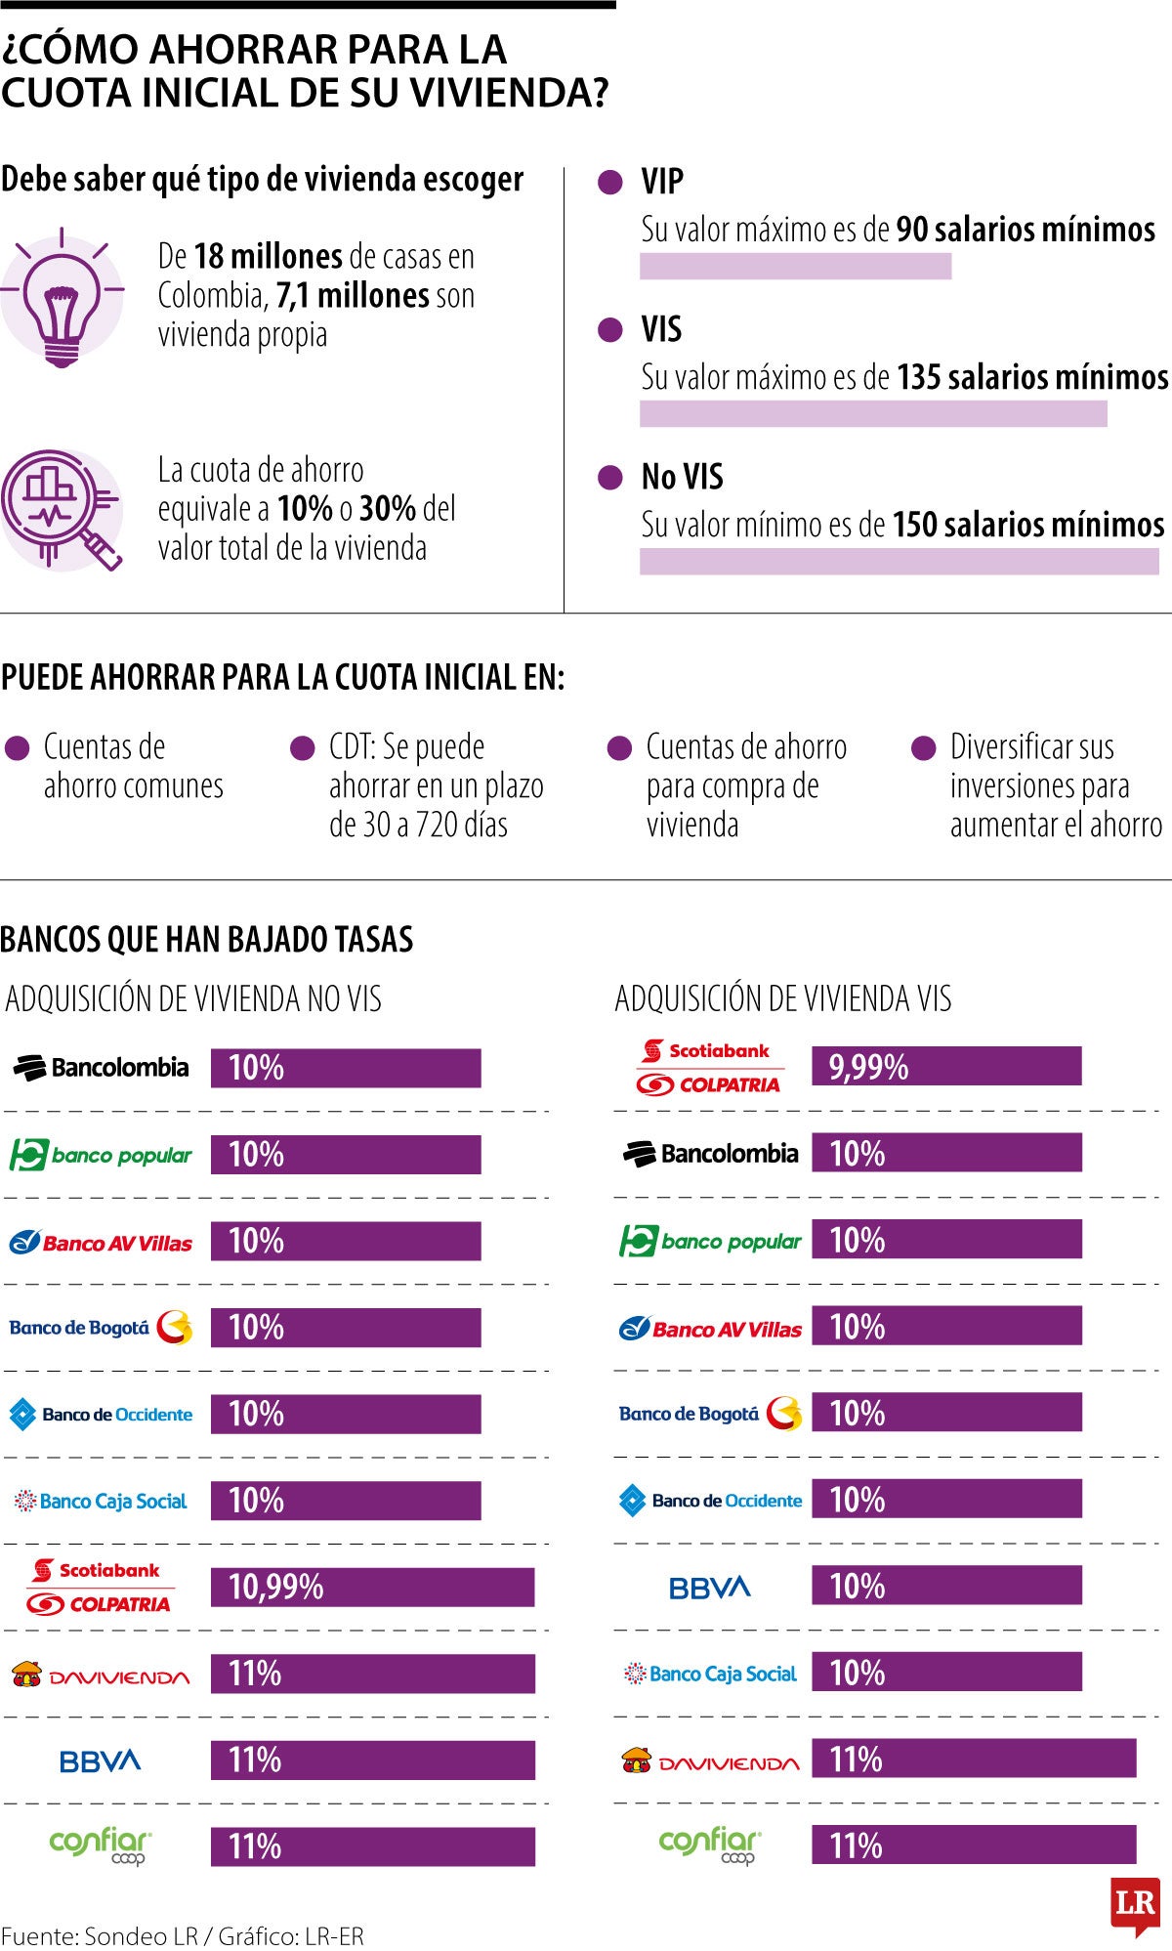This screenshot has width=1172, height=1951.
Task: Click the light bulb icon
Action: (x=62, y=299)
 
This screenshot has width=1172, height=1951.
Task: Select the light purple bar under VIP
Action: (x=795, y=266)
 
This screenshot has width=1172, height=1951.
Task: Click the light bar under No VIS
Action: (x=899, y=561)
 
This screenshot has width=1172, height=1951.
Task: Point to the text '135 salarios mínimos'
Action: (x=1032, y=377)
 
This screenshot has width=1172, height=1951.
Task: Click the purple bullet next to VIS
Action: (x=610, y=330)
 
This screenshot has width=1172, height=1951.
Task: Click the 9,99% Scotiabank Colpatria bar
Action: (x=945, y=1066)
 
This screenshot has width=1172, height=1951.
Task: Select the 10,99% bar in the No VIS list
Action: (x=372, y=1587)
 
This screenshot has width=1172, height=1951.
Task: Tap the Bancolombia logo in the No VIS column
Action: (x=101, y=1068)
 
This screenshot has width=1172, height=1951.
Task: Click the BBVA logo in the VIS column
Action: (x=710, y=1587)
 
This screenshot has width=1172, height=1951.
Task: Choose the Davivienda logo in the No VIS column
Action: (x=101, y=1675)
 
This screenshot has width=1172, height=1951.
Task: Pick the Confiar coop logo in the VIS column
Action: (x=710, y=1845)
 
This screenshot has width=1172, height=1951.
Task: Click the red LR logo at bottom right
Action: (x=1135, y=1904)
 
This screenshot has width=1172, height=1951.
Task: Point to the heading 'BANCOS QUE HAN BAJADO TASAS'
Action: (x=207, y=939)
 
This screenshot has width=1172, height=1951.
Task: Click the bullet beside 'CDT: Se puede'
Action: (x=302, y=748)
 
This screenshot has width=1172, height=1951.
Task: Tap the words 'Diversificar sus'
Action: (x=1031, y=747)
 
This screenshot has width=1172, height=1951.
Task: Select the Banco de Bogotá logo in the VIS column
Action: (x=710, y=1414)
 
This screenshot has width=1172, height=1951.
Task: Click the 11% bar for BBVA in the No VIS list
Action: (x=372, y=1760)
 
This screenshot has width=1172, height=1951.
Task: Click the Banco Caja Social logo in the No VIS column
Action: (x=101, y=1501)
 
